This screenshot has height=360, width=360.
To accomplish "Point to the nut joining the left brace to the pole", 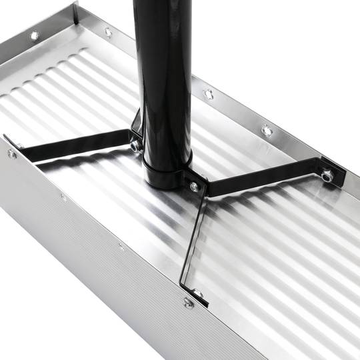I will [x=135, y=145].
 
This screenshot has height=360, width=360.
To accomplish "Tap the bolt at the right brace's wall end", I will [x=327, y=176].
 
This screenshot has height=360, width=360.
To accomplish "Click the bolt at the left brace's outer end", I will [x=12, y=154].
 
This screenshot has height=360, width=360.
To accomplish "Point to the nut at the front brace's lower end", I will [x=198, y=293].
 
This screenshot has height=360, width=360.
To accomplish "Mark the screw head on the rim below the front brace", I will [x=189, y=303].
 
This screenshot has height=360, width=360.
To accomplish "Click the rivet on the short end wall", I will [x=35, y=35].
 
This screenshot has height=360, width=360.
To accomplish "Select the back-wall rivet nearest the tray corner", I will [x=108, y=31].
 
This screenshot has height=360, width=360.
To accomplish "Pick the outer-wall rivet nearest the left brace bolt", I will [x=63, y=197].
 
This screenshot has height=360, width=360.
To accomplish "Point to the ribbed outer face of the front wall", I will [x=100, y=280].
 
